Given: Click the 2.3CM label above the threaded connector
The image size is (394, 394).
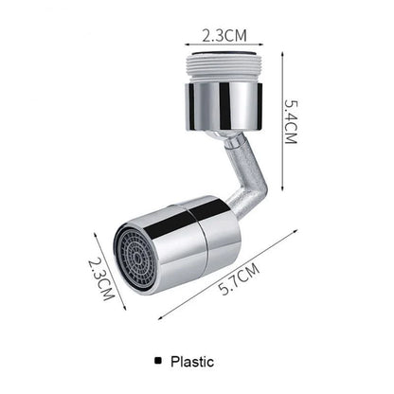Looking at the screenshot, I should pyautogui.click(x=224, y=36).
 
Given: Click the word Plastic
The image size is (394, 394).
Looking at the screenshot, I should pyautogui.click(x=192, y=361).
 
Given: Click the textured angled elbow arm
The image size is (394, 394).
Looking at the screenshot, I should pyautogui.click(x=248, y=185).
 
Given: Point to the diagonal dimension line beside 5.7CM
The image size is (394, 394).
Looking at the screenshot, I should pyautogui.click(x=227, y=275).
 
